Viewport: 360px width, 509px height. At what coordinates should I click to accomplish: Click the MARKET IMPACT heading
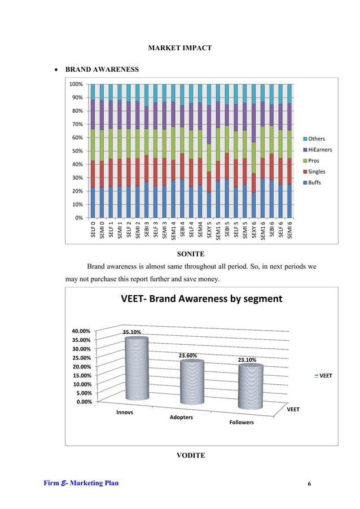click(179, 48)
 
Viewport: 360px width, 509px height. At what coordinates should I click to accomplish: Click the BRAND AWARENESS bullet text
click(102, 71)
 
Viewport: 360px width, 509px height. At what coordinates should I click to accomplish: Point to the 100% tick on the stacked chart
click(76, 84)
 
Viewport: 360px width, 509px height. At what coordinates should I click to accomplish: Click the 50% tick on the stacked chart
click(77, 151)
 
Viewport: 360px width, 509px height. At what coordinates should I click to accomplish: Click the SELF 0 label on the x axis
click(94, 230)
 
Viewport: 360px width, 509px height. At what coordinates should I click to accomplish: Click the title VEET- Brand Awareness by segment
click(201, 299)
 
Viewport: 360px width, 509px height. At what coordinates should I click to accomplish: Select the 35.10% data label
click(132, 332)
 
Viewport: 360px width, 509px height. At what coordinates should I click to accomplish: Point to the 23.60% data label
click(188, 356)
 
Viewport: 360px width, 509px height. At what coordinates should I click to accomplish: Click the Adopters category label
click(182, 417)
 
